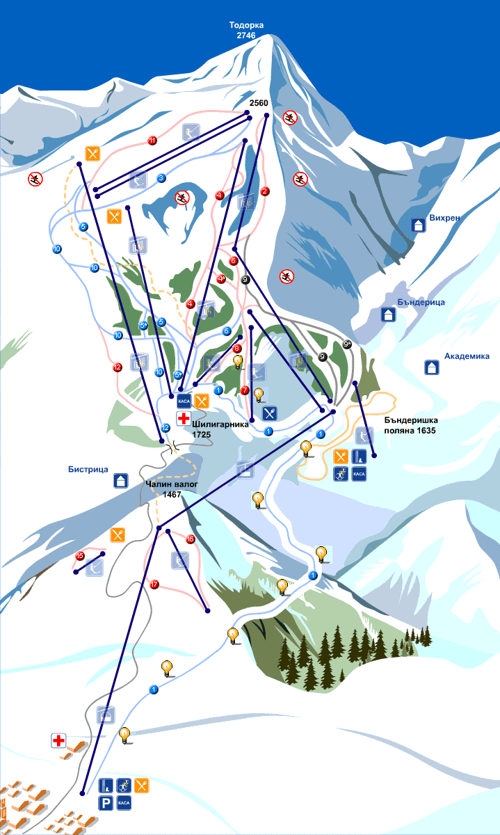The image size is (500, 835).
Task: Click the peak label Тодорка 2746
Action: [x=247, y=30]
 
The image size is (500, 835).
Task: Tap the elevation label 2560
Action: [x=259, y=103]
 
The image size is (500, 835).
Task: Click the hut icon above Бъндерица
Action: [x=388, y=315]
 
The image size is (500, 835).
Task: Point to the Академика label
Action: [x=467, y=356]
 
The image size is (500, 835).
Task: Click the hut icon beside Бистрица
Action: [x=121, y=480]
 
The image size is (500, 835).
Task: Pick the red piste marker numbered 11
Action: [x=152, y=141]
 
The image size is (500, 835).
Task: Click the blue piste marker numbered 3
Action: [x=161, y=178]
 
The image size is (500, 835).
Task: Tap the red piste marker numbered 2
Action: [x=264, y=191]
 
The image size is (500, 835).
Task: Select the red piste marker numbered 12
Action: [x=118, y=367]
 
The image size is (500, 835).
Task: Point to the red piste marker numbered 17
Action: [x=154, y=584]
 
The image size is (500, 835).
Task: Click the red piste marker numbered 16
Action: [x=190, y=539]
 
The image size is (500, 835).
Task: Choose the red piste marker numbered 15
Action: [x=80, y=556]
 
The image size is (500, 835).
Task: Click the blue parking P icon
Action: [x=106, y=803]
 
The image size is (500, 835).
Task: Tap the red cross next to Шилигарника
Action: [x=184, y=418]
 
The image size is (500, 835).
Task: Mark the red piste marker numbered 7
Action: [x=245, y=390]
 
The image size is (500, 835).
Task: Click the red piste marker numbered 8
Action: [x=237, y=349]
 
